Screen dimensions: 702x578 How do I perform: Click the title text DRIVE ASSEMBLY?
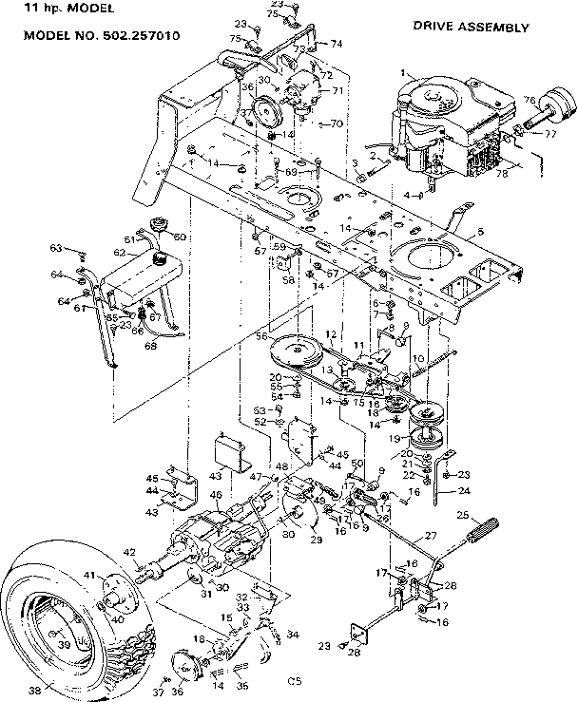click(471, 28)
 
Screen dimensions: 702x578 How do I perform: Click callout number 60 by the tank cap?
click(180, 237)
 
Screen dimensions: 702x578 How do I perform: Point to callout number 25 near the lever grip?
click(464, 515)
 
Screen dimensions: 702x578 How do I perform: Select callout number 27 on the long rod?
click(430, 536)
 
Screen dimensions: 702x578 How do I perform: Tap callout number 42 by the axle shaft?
click(129, 552)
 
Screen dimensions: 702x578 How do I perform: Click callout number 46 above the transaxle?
click(216, 495)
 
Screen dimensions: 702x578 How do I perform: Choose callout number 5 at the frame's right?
click(480, 233)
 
